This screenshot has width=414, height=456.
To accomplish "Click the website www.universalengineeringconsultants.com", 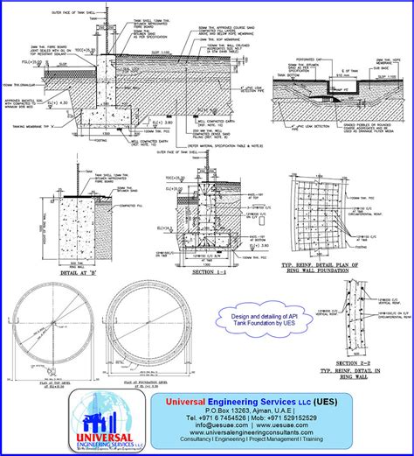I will (252, 435).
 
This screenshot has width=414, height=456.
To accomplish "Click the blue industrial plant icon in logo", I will (107, 410).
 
